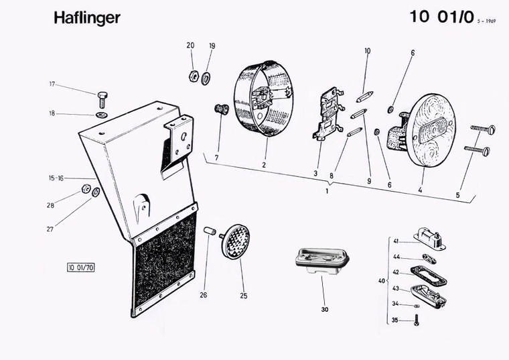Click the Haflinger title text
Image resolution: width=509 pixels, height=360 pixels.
tap(87, 17)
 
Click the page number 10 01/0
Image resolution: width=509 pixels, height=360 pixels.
tap(439, 17)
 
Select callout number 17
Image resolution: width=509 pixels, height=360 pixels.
tap(52, 84)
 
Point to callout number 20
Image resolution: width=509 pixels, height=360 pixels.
tap(190, 46)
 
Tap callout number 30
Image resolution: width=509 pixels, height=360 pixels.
tap(324, 310)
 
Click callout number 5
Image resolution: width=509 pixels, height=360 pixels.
tap(457, 196)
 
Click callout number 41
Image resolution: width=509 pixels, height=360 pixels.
tap(396, 241)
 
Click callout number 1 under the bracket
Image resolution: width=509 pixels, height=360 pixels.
tap(326, 192)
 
